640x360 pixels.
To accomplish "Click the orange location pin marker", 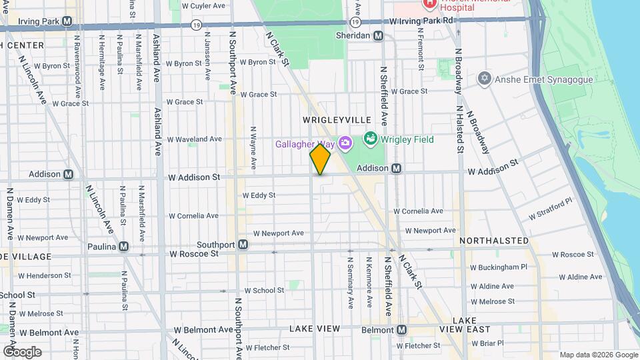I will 320,159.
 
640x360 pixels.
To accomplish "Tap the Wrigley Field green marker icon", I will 370,139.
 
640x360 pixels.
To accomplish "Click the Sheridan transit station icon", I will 378,36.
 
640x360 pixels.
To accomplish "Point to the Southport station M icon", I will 243,245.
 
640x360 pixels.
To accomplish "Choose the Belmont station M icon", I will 401,330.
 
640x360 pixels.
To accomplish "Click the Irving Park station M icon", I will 67,21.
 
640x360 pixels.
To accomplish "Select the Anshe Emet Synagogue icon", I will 484,79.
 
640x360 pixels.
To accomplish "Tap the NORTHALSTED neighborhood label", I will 494,241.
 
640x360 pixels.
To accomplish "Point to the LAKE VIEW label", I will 315,329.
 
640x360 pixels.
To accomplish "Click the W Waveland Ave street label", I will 194,139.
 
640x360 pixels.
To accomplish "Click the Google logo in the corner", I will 21,352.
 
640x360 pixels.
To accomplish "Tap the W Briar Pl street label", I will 489,343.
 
